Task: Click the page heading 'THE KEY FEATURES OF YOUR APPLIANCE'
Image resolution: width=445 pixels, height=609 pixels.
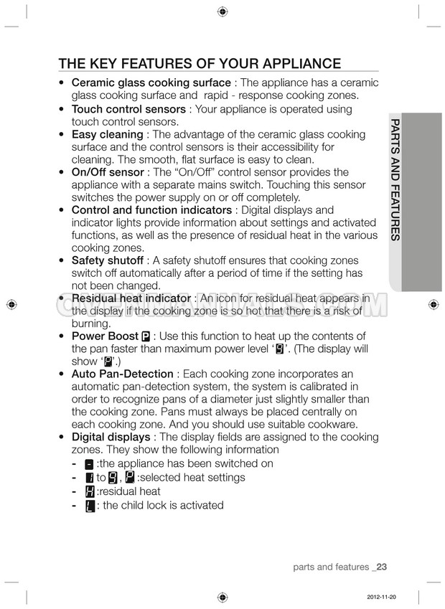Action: click(200, 62)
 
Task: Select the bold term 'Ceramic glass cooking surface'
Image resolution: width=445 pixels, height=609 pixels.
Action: click(151, 83)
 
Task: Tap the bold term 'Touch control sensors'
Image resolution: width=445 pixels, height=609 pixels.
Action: click(128, 109)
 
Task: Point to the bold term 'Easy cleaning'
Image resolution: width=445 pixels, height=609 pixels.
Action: click(107, 134)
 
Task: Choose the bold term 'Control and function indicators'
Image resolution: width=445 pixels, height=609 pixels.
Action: click(152, 210)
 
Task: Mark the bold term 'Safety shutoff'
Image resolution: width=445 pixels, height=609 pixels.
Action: click(107, 260)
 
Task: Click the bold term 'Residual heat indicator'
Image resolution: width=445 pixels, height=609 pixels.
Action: click(131, 298)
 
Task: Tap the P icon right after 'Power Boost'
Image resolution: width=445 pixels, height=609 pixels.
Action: click(146, 336)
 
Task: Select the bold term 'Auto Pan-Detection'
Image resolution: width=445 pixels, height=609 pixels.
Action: click(122, 374)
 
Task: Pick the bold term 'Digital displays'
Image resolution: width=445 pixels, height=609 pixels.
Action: click(111, 437)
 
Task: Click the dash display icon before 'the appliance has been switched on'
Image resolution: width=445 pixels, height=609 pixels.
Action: click(89, 464)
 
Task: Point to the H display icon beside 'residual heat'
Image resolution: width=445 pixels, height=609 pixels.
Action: click(90, 491)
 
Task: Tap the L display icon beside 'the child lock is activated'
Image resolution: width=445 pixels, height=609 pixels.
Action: click(90, 506)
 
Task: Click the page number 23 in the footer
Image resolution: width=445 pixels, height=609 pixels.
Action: click(380, 567)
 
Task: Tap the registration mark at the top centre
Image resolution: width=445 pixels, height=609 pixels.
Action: click(222, 11)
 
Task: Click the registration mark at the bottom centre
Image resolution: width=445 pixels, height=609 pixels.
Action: click(222, 597)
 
